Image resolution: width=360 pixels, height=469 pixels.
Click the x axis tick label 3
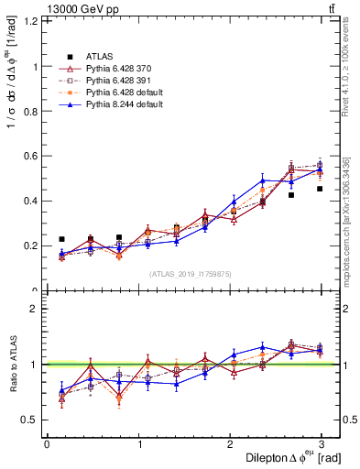point(321,444)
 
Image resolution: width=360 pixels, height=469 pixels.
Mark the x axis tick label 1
point(138,444)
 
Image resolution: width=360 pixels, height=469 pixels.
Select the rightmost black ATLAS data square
point(320,189)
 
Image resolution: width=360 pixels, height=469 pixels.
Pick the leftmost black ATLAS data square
point(61,239)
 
